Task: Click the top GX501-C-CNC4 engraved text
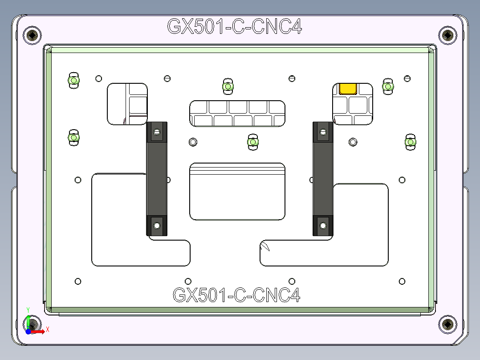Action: pyautogui.click(x=235, y=27)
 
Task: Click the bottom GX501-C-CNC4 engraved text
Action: pyautogui.click(x=236, y=295)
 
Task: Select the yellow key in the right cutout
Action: pyautogui.click(x=348, y=88)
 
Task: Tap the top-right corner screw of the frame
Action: pyautogui.click(x=447, y=35)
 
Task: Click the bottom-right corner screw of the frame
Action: pyautogui.click(x=447, y=324)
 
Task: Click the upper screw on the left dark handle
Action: pyautogui.click(x=156, y=132)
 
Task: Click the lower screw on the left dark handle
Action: pyautogui.click(x=156, y=225)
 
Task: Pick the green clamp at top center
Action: pyautogui.click(x=228, y=86)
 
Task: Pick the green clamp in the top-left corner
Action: pyautogui.click(x=73, y=81)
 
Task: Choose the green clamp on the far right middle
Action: pyautogui.click(x=410, y=142)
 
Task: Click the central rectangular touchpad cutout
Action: pyautogui.click(x=237, y=192)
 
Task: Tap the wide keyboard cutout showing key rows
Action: pyautogui.click(x=237, y=114)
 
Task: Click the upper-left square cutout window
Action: pyautogui.click(x=127, y=103)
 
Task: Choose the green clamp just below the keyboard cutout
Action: pyautogui.click(x=253, y=142)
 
